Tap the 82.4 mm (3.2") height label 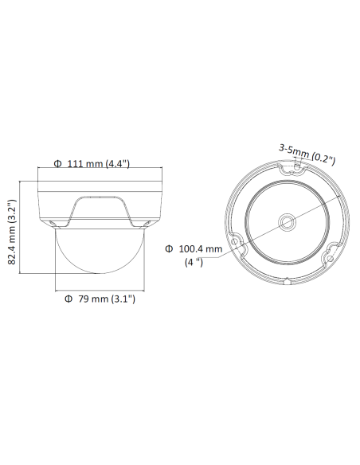tap(12, 232)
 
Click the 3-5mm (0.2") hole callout tap(307, 154)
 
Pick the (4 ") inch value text tap(194, 262)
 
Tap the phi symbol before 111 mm tap(57, 163)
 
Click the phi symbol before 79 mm tap(68, 299)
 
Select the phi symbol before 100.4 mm tap(169, 248)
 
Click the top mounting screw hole tap(297, 166)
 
